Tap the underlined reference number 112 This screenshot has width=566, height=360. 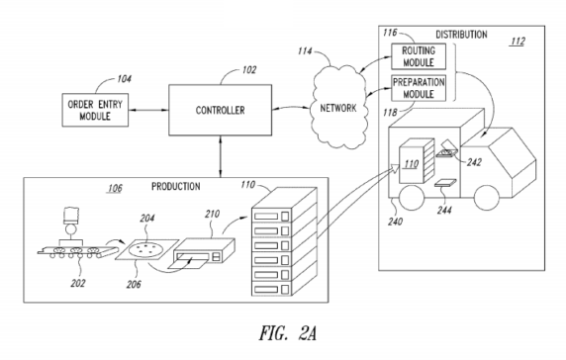click(519, 42)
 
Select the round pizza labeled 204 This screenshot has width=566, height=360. click(146, 251)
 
